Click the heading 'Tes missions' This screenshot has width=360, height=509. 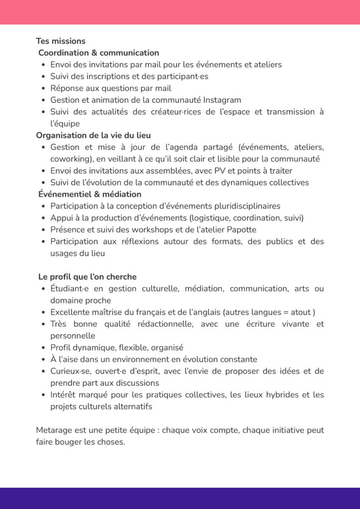click(61, 41)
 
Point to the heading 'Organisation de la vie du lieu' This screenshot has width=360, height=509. click(93, 135)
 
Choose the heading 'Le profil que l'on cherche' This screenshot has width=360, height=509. click(88, 276)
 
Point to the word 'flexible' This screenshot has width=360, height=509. click(132, 347)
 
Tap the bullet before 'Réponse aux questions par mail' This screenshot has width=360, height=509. click(44, 88)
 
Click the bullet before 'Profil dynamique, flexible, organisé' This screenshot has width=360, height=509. click(44, 348)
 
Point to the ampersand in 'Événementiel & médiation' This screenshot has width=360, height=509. click(94, 194)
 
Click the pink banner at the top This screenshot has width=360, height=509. click(180, 12)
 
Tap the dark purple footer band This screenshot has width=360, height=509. click(180, 498)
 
